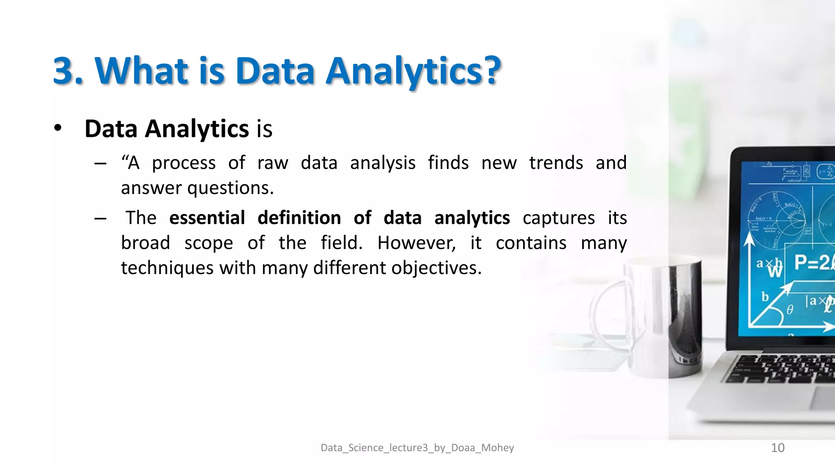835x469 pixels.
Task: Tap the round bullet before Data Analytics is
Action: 58,128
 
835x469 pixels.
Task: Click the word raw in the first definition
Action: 273,163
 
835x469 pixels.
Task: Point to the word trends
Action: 556,163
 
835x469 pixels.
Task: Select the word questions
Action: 230,188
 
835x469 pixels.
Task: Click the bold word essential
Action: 207,218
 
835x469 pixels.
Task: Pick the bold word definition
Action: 299,218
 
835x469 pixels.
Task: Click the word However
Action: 416,243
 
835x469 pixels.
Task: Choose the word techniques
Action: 167,268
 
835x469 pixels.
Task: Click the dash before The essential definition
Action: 100,219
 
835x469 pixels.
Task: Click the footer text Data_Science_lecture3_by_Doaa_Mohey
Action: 417,448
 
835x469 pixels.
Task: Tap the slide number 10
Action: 778,448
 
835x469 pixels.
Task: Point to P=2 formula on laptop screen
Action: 813,263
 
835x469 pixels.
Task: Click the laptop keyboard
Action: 783,368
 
